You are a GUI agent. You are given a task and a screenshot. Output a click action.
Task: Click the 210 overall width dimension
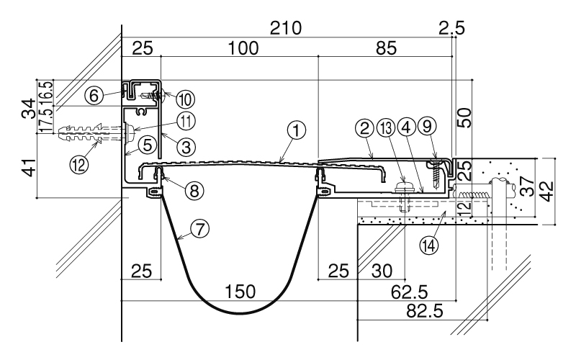[x=286, y=28]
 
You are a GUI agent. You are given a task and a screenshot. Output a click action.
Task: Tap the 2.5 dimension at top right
[x=452, y=28]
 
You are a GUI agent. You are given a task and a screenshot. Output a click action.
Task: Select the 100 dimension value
[x=243, y=48]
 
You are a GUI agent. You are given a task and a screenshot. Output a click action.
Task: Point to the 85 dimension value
[x=386, y=48]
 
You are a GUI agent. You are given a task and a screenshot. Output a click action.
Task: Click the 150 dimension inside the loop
[x=240, y=292]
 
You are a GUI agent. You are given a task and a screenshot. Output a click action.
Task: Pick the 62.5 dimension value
[x=409, y=292]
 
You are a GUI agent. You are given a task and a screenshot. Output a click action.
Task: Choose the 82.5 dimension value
[x=425, y=312]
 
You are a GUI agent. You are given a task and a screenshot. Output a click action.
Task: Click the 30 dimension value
[x=382, y=271]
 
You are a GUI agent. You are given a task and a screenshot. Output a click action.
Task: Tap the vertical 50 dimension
[x=464, y=117]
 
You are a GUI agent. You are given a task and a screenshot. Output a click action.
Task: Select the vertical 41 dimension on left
[x=30, y=167]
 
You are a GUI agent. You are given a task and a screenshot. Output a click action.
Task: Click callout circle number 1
[x=297, y=130]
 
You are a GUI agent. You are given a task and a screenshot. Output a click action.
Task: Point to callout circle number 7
[x=200, y=229]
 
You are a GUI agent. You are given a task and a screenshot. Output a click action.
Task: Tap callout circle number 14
[x=429, y=245]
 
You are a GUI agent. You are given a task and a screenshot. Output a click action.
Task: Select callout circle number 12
[x=79, y=164]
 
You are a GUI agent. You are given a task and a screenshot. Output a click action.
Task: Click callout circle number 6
[x=94, y=96]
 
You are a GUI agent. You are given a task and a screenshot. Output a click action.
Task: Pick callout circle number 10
[x=185, y=99]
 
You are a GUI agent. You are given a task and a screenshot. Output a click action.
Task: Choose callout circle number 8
[x=194, y=191]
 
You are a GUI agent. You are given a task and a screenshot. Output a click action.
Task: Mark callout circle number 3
[x=186, y=148]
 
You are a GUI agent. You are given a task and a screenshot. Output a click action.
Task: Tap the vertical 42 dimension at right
[x=548, y=191]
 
